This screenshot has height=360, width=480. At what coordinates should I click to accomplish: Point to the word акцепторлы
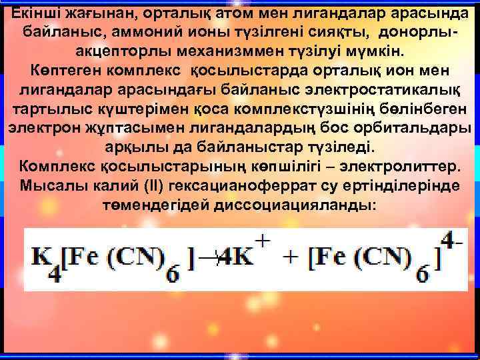[x=121, y=51]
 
